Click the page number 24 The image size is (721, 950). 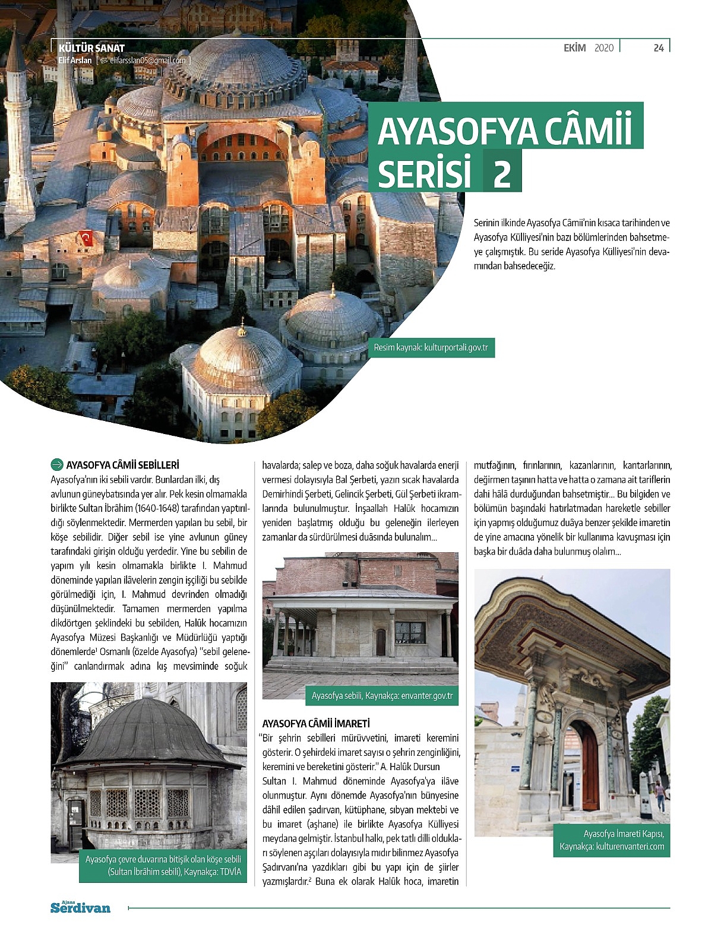[658, 48]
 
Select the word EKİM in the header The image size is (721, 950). [574, 48]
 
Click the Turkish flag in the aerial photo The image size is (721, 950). [87, 239]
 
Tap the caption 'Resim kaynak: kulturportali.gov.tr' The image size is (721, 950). [431, 347]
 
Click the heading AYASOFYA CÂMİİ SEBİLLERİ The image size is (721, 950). [122, 465]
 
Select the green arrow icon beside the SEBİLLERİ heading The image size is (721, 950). [58, 465]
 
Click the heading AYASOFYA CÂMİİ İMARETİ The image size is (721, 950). [316, 724]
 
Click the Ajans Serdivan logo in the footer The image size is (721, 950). [80, 907]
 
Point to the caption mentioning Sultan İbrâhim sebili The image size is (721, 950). [163, 866]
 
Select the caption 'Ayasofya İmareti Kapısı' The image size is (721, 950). [612, 840]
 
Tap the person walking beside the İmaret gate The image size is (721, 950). [660, 796]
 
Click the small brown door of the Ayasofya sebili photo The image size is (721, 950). [381, 641]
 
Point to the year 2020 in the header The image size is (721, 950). [604, 48]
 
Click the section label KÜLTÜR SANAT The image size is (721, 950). [91, 48]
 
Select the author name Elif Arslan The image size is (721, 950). [75, 61]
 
